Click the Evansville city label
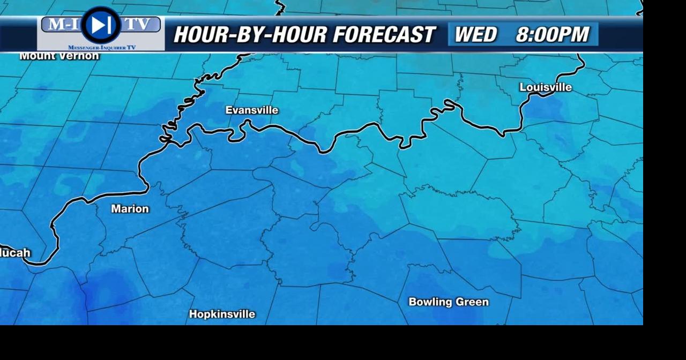252,110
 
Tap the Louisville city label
546,87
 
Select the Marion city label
130,209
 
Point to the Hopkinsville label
222,314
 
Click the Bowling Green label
449,302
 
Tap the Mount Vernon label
59,56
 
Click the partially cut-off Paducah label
15,253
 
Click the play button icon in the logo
100,25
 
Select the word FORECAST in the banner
384,35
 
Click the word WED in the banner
475,35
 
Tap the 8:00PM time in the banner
552,35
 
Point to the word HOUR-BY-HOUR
249,35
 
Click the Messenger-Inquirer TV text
102,47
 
